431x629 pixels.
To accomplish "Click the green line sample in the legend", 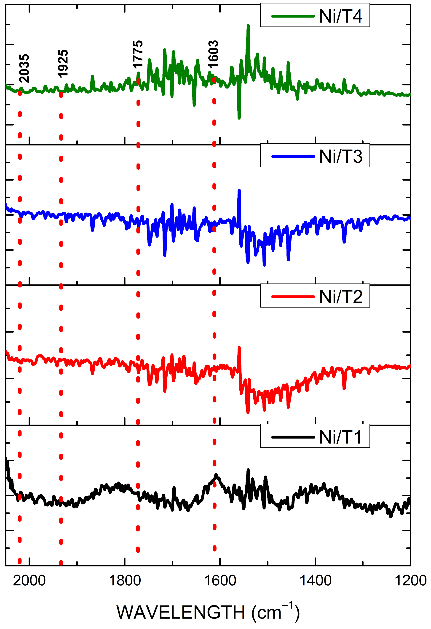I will [293, 16].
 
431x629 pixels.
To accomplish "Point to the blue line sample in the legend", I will [293, 156].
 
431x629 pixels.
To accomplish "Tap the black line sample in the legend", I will [293, 437].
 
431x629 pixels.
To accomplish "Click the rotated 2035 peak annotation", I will [24, 68].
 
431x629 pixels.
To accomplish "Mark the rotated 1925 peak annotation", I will [63, 64].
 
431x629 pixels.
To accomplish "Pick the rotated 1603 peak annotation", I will [213, 54].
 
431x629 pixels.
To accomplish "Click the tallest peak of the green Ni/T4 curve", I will [248, 26].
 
